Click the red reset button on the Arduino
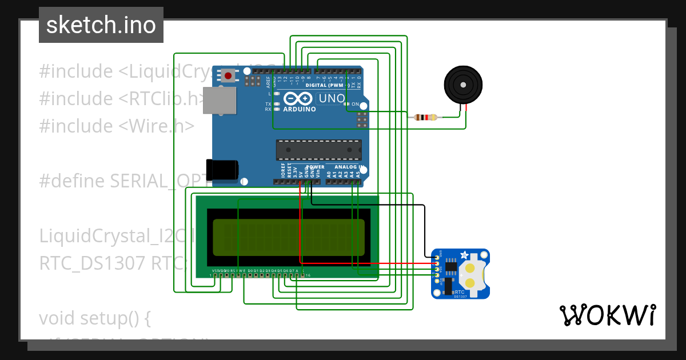point(229,75)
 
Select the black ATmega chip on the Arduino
point(318,150)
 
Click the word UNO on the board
point(331,99)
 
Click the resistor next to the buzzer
point(425,118)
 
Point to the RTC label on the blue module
point(459,291)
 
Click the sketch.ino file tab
point(101,25)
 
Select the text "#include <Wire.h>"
point(117,126)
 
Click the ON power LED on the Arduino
point(347,104)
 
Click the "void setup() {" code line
point(94,318)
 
